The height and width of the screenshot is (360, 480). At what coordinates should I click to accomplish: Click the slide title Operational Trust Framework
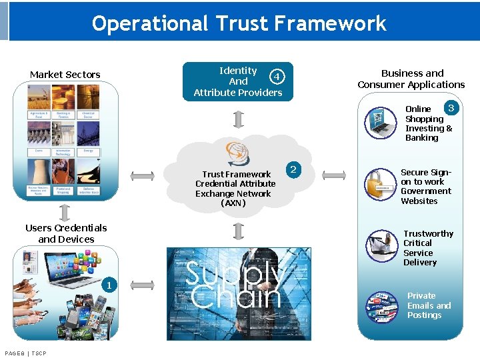pos(239,23)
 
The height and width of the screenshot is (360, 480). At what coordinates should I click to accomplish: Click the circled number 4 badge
pos(275,75)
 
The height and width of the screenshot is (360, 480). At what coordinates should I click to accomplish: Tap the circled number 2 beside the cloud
pos(293,169)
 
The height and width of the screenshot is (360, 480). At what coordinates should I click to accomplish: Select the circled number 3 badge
pos(451,108)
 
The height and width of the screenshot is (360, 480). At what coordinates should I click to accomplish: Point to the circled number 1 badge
pos(106,286)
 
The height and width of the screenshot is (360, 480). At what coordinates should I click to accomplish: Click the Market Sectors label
pos(65,75)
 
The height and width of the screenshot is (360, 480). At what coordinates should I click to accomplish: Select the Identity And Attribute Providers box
pos(237,81)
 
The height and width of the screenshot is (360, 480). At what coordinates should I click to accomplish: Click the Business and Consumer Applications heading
pos(411,79)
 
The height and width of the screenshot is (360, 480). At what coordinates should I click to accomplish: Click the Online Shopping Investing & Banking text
pos(428,123)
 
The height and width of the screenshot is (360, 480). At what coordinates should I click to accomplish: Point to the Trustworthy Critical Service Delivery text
pos(427,248)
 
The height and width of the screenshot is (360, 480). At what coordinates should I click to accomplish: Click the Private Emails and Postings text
pos(429,305)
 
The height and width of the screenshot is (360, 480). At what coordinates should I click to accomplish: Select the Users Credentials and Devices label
pos(66,233)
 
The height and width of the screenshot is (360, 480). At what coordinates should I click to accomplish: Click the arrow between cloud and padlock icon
pos(334,176)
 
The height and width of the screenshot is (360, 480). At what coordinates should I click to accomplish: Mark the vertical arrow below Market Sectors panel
pos(65,212)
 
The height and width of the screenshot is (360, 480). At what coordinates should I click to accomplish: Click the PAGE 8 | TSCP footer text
pos(25,353)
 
